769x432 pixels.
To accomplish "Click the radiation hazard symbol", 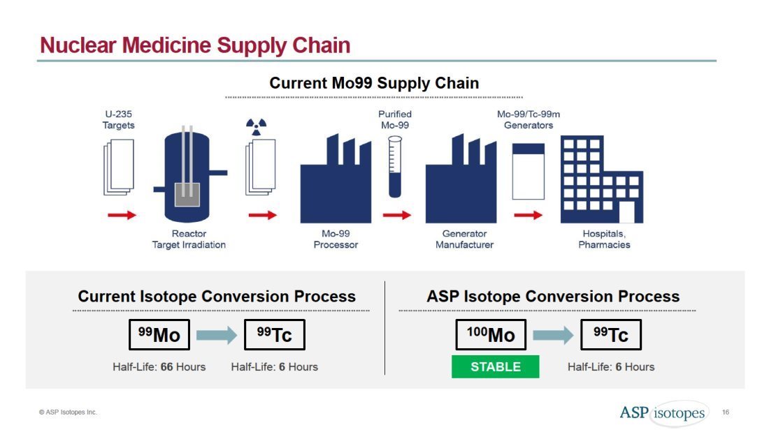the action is [256, 127].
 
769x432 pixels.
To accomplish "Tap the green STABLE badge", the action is [496, 366].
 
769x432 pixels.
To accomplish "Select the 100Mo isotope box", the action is [491, 335].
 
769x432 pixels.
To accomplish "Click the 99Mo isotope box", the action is [159, 335].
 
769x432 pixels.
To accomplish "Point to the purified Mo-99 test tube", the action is [395, 167].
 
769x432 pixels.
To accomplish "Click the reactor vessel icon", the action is [189, 174].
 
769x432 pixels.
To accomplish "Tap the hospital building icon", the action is [602, 179].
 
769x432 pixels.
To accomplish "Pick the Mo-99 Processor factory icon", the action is [336, 179].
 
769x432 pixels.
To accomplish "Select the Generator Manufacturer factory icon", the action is [461, 179].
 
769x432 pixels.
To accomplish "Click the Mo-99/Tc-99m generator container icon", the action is [529, 172].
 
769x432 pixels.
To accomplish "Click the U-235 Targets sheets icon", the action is [119, 167].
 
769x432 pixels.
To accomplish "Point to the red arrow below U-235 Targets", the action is [122, 215].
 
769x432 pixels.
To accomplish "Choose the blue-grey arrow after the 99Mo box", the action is [217, 336].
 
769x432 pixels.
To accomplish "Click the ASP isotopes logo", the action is [663, 413].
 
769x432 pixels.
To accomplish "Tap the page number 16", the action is [726, 412].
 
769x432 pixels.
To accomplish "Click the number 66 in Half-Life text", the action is [167, 367].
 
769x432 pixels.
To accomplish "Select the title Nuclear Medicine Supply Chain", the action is [195, 45].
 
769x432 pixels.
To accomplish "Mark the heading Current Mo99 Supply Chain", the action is [374, 83].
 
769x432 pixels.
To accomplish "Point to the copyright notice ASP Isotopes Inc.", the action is [69, 412].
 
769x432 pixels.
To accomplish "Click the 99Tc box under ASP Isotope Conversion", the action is [610, 335].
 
